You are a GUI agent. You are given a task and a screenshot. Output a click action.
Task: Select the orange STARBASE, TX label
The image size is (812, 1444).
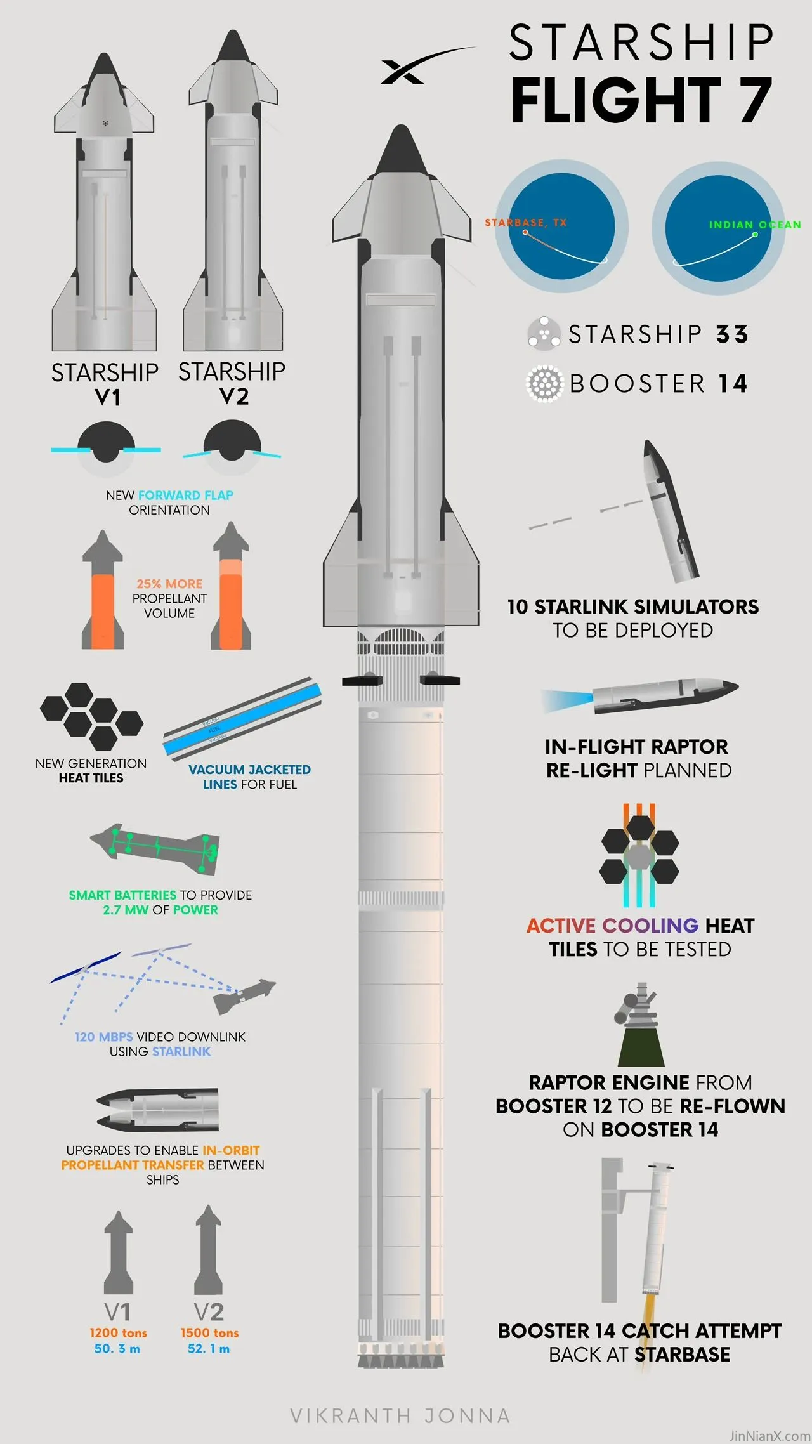[x=525, y=223]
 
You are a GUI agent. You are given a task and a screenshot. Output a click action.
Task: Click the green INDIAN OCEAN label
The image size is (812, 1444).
[x=755, y=225]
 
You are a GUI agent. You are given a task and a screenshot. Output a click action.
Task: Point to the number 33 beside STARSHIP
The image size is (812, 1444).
[x=733, y=334]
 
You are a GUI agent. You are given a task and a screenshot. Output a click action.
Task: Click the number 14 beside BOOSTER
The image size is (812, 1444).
[x=733, y=384]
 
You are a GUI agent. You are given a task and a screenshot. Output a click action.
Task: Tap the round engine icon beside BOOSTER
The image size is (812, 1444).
[x=544, y=384]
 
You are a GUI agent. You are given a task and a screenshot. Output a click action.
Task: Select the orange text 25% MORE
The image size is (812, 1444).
[x=169, y=584]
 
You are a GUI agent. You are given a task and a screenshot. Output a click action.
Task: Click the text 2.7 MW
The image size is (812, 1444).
[x=126, y=910]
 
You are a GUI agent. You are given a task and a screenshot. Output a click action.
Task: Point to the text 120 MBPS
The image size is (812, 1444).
[x=104, y=1037]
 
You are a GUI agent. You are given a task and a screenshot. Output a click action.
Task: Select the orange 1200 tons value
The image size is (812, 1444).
[x=118, y=1333]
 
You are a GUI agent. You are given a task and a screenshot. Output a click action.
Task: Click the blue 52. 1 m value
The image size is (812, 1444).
[x=209, y=1349]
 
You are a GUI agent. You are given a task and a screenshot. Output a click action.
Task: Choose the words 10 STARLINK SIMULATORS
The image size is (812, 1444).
[x=633, y=607]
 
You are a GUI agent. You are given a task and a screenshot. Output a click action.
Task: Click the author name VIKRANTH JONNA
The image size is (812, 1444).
[x=400, y=1416]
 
